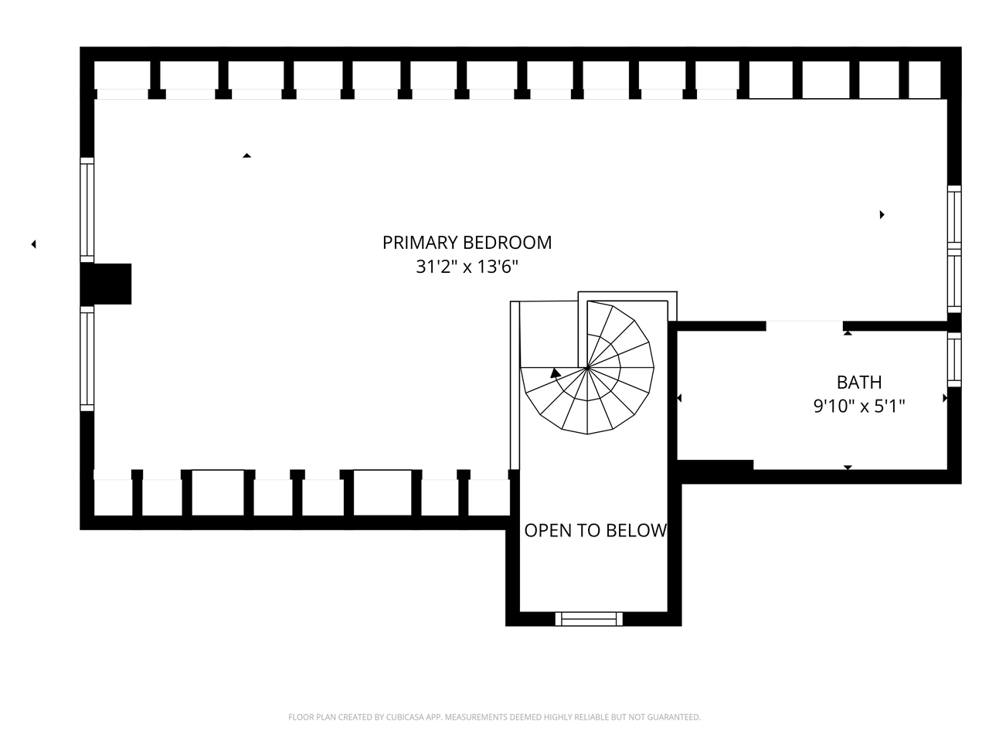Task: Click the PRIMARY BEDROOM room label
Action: [x=467, y=243]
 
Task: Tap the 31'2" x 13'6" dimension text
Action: [x=467, y=267]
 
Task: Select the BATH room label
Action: [x=858, y=383]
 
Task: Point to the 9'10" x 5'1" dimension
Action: [x=858, y=407]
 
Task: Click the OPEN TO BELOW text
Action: [x=595, y=531]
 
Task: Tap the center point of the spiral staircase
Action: [x=587, y=368]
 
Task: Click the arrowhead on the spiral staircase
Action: [x=556, y=373]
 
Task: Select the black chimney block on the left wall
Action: [x=106, y=284]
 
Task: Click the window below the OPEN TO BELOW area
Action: [x=589, y=619]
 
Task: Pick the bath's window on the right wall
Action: [x=954, y=359]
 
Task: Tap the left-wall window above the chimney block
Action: [x=87, y=210]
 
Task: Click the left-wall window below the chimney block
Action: [x=87, y=359]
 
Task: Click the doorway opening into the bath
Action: [x=804, y=325]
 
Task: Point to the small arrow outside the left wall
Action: [x=33, y=244]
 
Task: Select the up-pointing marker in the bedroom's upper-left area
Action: [x=246, y=155]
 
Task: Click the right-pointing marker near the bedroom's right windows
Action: [x=882, y=214]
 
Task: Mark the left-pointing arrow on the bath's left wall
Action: [x=679, y=398]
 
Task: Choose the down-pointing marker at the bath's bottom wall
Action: [x=848, y=468]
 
